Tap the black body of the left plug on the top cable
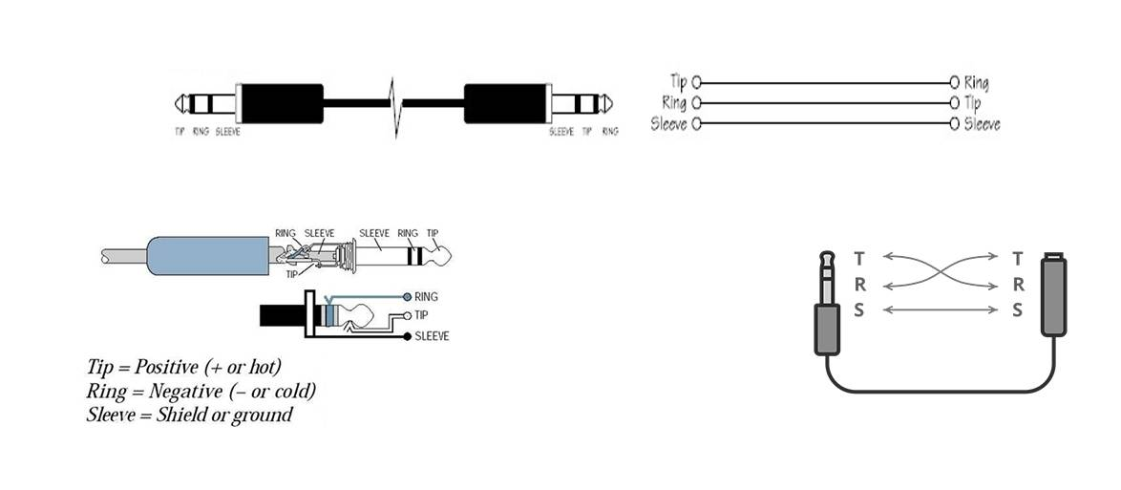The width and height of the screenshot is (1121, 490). click(282, 104)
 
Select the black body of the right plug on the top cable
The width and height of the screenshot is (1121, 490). click(506, 104)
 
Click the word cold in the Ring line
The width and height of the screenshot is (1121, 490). click(293, 392)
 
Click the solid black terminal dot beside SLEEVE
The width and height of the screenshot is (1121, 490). click(408, 336)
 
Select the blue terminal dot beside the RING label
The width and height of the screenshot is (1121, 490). click(408, 296)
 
